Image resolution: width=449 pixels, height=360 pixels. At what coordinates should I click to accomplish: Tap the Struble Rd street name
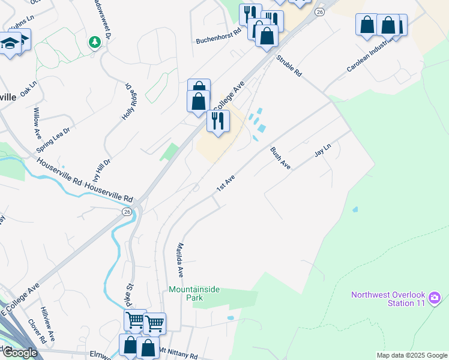click(289, 67)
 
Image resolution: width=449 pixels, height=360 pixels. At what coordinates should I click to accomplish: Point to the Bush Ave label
click(280, 158)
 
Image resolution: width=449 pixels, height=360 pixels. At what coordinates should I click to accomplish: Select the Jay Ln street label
click(323, 151)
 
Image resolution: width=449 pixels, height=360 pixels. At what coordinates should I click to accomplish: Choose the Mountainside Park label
click(194, 293)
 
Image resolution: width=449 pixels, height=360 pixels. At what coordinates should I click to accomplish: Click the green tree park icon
click(94, 42)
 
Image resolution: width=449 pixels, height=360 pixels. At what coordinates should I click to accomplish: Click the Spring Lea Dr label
click(53, 139)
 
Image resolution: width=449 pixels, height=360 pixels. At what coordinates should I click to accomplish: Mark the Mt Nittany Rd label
click(178, 352)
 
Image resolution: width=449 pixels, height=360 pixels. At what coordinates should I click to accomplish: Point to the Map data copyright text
click(412, 355)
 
